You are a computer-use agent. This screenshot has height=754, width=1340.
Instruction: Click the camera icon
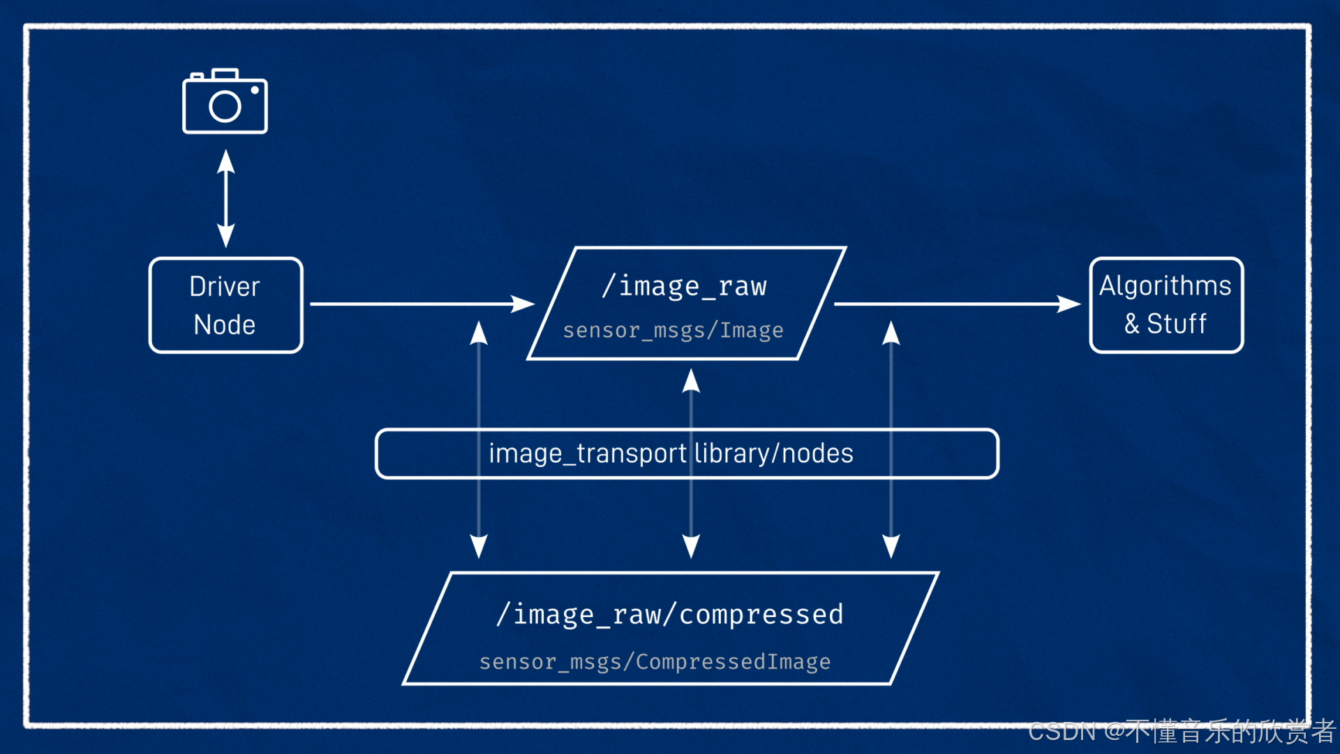coord(225,102)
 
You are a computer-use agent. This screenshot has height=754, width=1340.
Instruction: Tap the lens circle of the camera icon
coord(225,107)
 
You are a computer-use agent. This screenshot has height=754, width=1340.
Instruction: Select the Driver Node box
coord(225,305)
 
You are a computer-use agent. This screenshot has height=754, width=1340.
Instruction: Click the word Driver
coord(225,286)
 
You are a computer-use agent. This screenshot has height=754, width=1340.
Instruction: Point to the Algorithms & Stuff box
coord(1166,305)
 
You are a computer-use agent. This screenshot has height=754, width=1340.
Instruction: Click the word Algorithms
coord(1165,286)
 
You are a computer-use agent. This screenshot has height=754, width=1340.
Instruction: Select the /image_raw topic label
coord(685,286)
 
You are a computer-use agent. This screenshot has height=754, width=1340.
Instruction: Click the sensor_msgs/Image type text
coord(673,330)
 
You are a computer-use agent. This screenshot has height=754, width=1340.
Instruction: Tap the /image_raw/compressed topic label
coord(670,614)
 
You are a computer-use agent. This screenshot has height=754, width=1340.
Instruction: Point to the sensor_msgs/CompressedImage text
coord(655,661)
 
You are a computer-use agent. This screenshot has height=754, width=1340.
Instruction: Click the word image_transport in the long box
coord(588,454)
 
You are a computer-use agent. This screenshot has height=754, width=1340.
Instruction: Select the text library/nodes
coord(774,454)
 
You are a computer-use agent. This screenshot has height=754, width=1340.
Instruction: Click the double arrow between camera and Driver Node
coord(225,198)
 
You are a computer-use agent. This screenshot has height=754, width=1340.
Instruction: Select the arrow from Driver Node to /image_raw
coord(419,304)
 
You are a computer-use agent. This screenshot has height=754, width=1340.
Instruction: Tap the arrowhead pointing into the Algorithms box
coord(1070,304)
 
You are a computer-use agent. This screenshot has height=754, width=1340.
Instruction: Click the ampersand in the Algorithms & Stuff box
coord(1131,324)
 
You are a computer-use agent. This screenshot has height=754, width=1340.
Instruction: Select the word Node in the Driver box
coord(225,325)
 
